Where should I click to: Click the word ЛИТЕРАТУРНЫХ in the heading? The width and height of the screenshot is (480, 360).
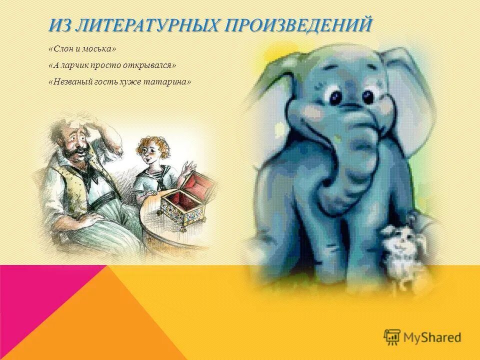click(x=145, y=25)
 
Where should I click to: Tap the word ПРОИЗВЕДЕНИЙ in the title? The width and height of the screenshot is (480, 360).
click(x=300, y=25)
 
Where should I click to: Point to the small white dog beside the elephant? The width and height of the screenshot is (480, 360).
click(x=402, y=250)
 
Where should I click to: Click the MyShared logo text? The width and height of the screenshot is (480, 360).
click(x=432, y=337)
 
